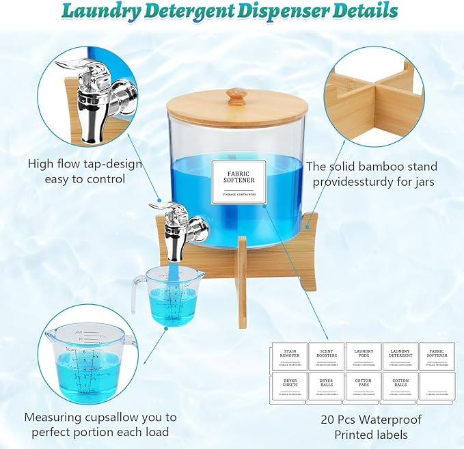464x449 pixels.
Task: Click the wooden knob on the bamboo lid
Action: (x=235, y=96)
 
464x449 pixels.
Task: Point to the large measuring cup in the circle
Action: (x=87, y=360)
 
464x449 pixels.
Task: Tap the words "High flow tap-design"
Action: (x=85, y=164)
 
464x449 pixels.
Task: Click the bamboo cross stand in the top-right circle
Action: (x=383, y=96)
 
